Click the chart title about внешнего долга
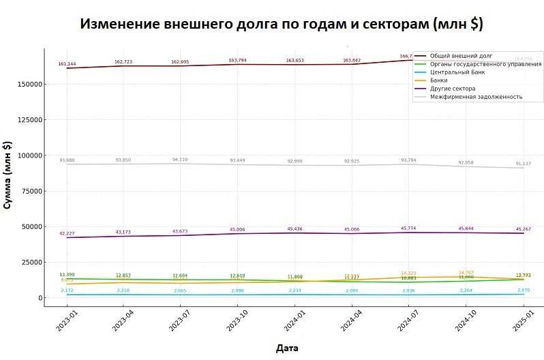click(x=282, y=24)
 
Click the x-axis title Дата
click(x=287, y=348)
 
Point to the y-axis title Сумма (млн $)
click(x=7, y=175)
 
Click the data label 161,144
click(x=67, y=63)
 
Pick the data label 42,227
click(x=67, y=233)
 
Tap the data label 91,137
click(x=524, y=163)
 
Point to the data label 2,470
click(x=524, y=290)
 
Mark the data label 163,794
click(x=238, y=60)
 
